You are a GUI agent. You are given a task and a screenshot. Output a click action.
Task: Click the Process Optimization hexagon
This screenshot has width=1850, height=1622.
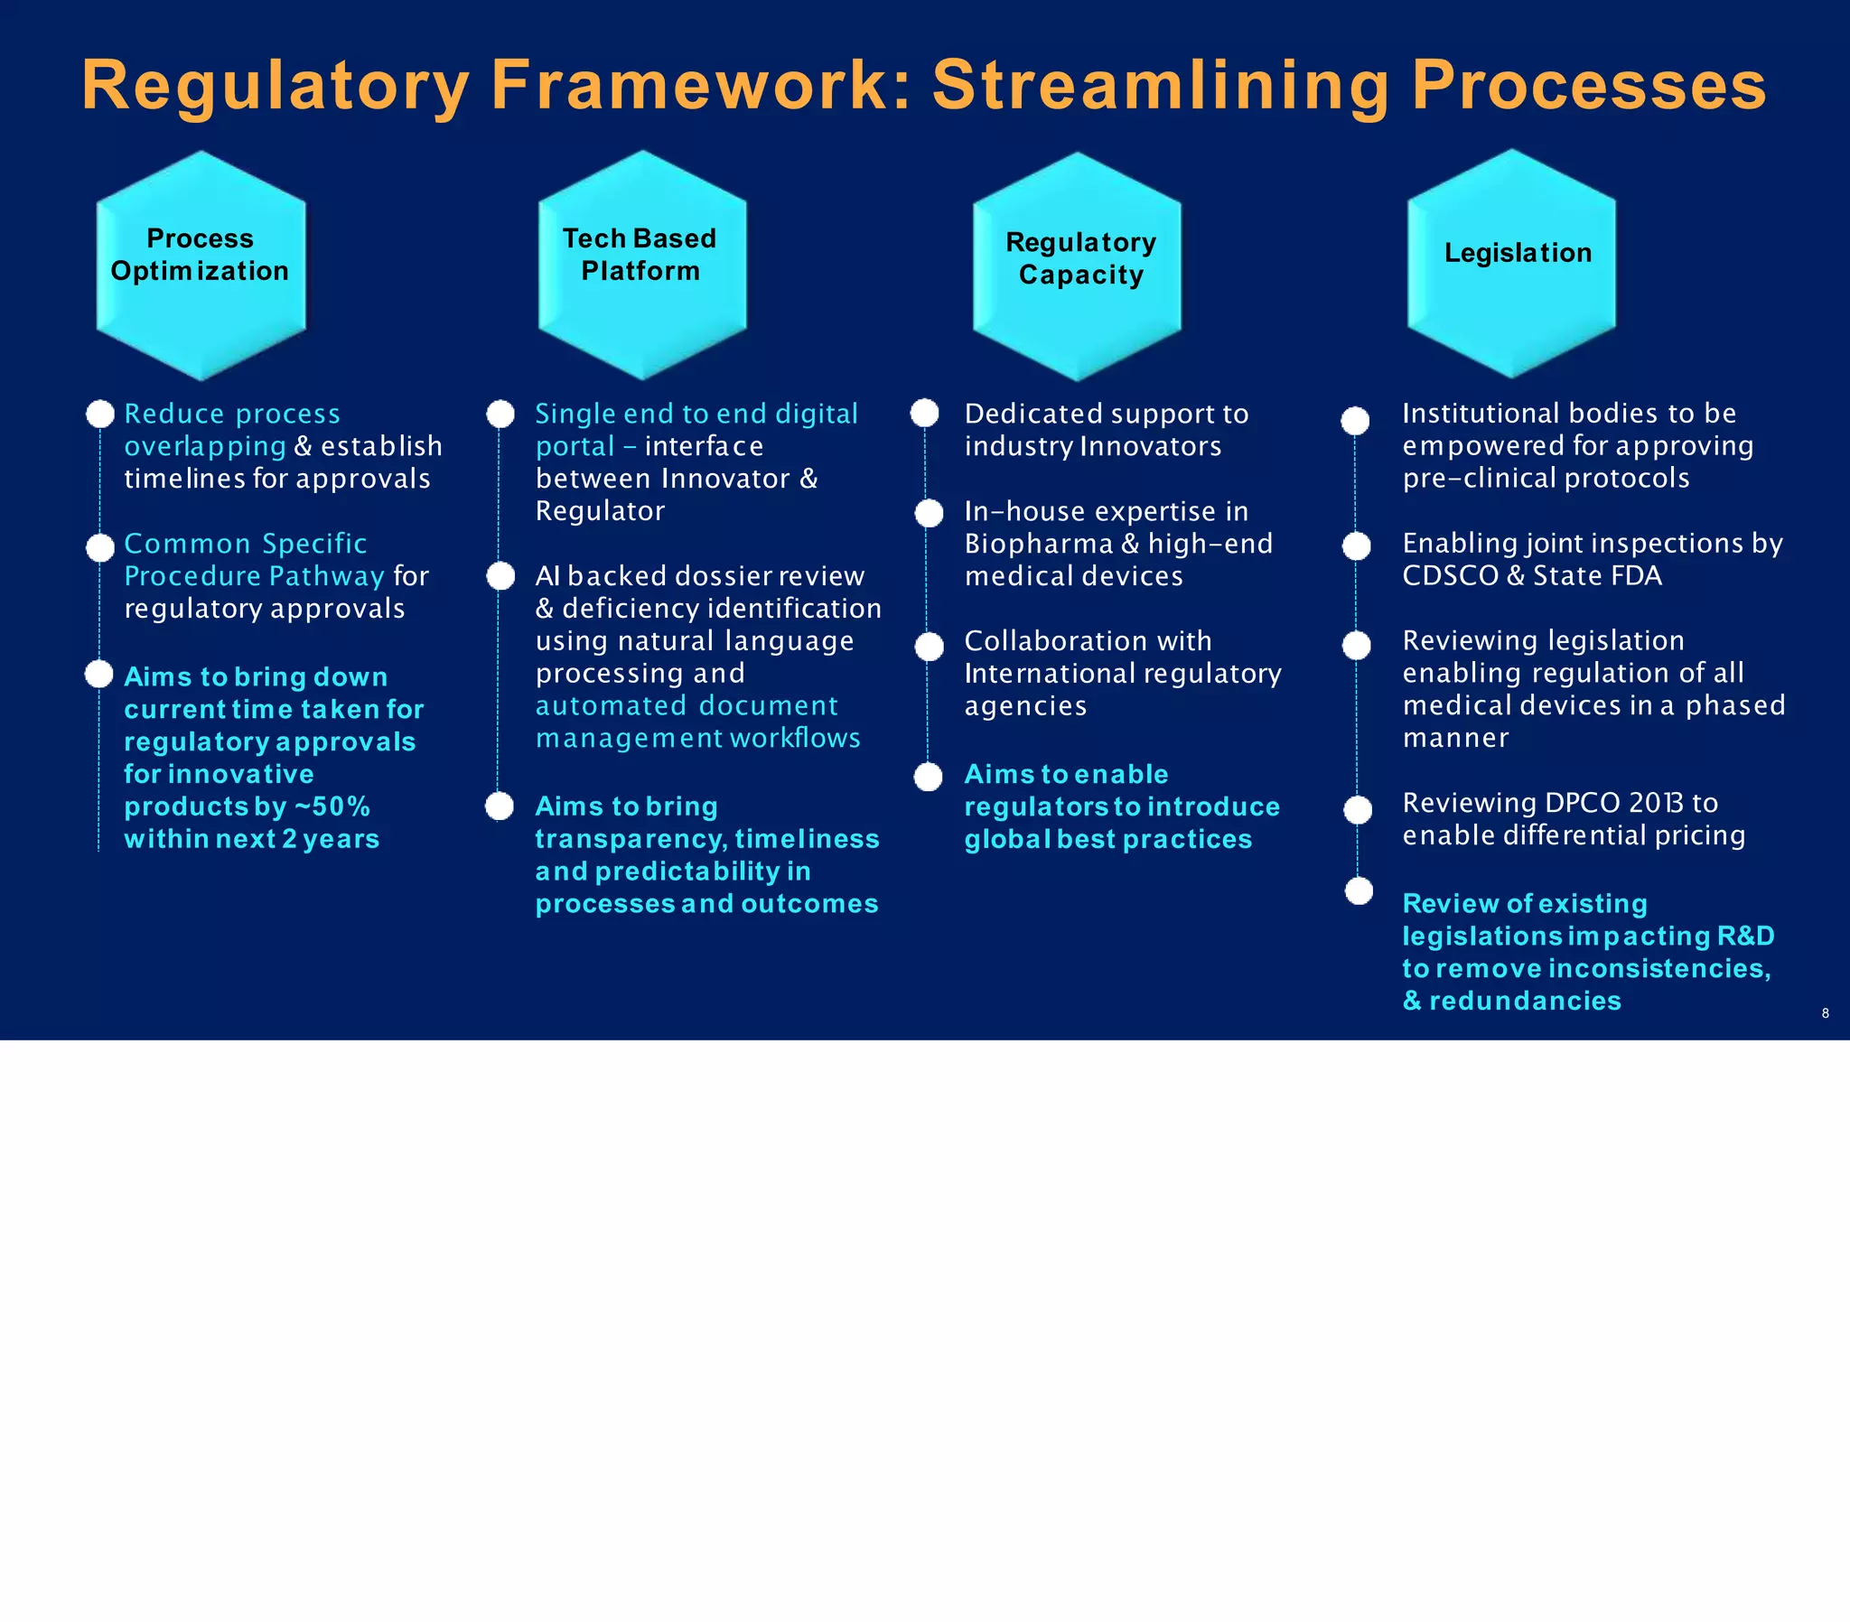tap(200, 266)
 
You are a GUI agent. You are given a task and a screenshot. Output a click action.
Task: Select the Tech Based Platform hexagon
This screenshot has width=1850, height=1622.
tap(641, 266)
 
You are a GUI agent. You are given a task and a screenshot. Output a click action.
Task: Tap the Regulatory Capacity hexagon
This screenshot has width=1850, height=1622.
tap(1076, 266)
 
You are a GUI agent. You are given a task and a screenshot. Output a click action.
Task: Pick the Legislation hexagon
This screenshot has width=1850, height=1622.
tap(1511, 263)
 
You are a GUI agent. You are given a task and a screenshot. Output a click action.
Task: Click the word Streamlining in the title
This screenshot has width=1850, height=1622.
tap(1161, 85)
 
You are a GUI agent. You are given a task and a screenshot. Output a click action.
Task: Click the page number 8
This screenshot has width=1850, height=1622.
tap(1825, 1012)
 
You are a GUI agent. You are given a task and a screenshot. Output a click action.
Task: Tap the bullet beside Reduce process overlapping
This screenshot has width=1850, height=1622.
tap(100, 415)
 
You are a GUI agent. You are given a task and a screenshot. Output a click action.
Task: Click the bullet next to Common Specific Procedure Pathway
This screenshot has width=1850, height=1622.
tap(100, 546)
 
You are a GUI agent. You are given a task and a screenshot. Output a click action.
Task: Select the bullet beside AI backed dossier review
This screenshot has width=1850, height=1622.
tap(500, 576)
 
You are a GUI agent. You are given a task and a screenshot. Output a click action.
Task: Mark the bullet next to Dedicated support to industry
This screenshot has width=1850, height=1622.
tap(924, 413)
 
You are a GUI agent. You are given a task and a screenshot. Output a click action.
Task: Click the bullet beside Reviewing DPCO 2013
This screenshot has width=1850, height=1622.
tap(1358, 809)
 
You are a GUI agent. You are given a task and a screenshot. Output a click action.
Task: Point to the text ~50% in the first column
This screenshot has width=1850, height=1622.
tap(333, 806)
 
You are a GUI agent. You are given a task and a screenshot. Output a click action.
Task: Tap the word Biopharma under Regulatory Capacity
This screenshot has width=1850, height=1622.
tap(1038, 544)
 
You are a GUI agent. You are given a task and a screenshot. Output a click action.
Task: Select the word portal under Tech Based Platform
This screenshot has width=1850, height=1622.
tap(575, 446)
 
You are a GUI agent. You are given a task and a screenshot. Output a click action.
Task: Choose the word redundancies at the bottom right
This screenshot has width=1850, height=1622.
tap(1525, 1001)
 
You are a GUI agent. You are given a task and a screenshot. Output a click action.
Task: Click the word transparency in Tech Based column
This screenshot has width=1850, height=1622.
tap(630, 840)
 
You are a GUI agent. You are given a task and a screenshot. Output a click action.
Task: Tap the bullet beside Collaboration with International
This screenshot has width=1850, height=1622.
tap(929, 647)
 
